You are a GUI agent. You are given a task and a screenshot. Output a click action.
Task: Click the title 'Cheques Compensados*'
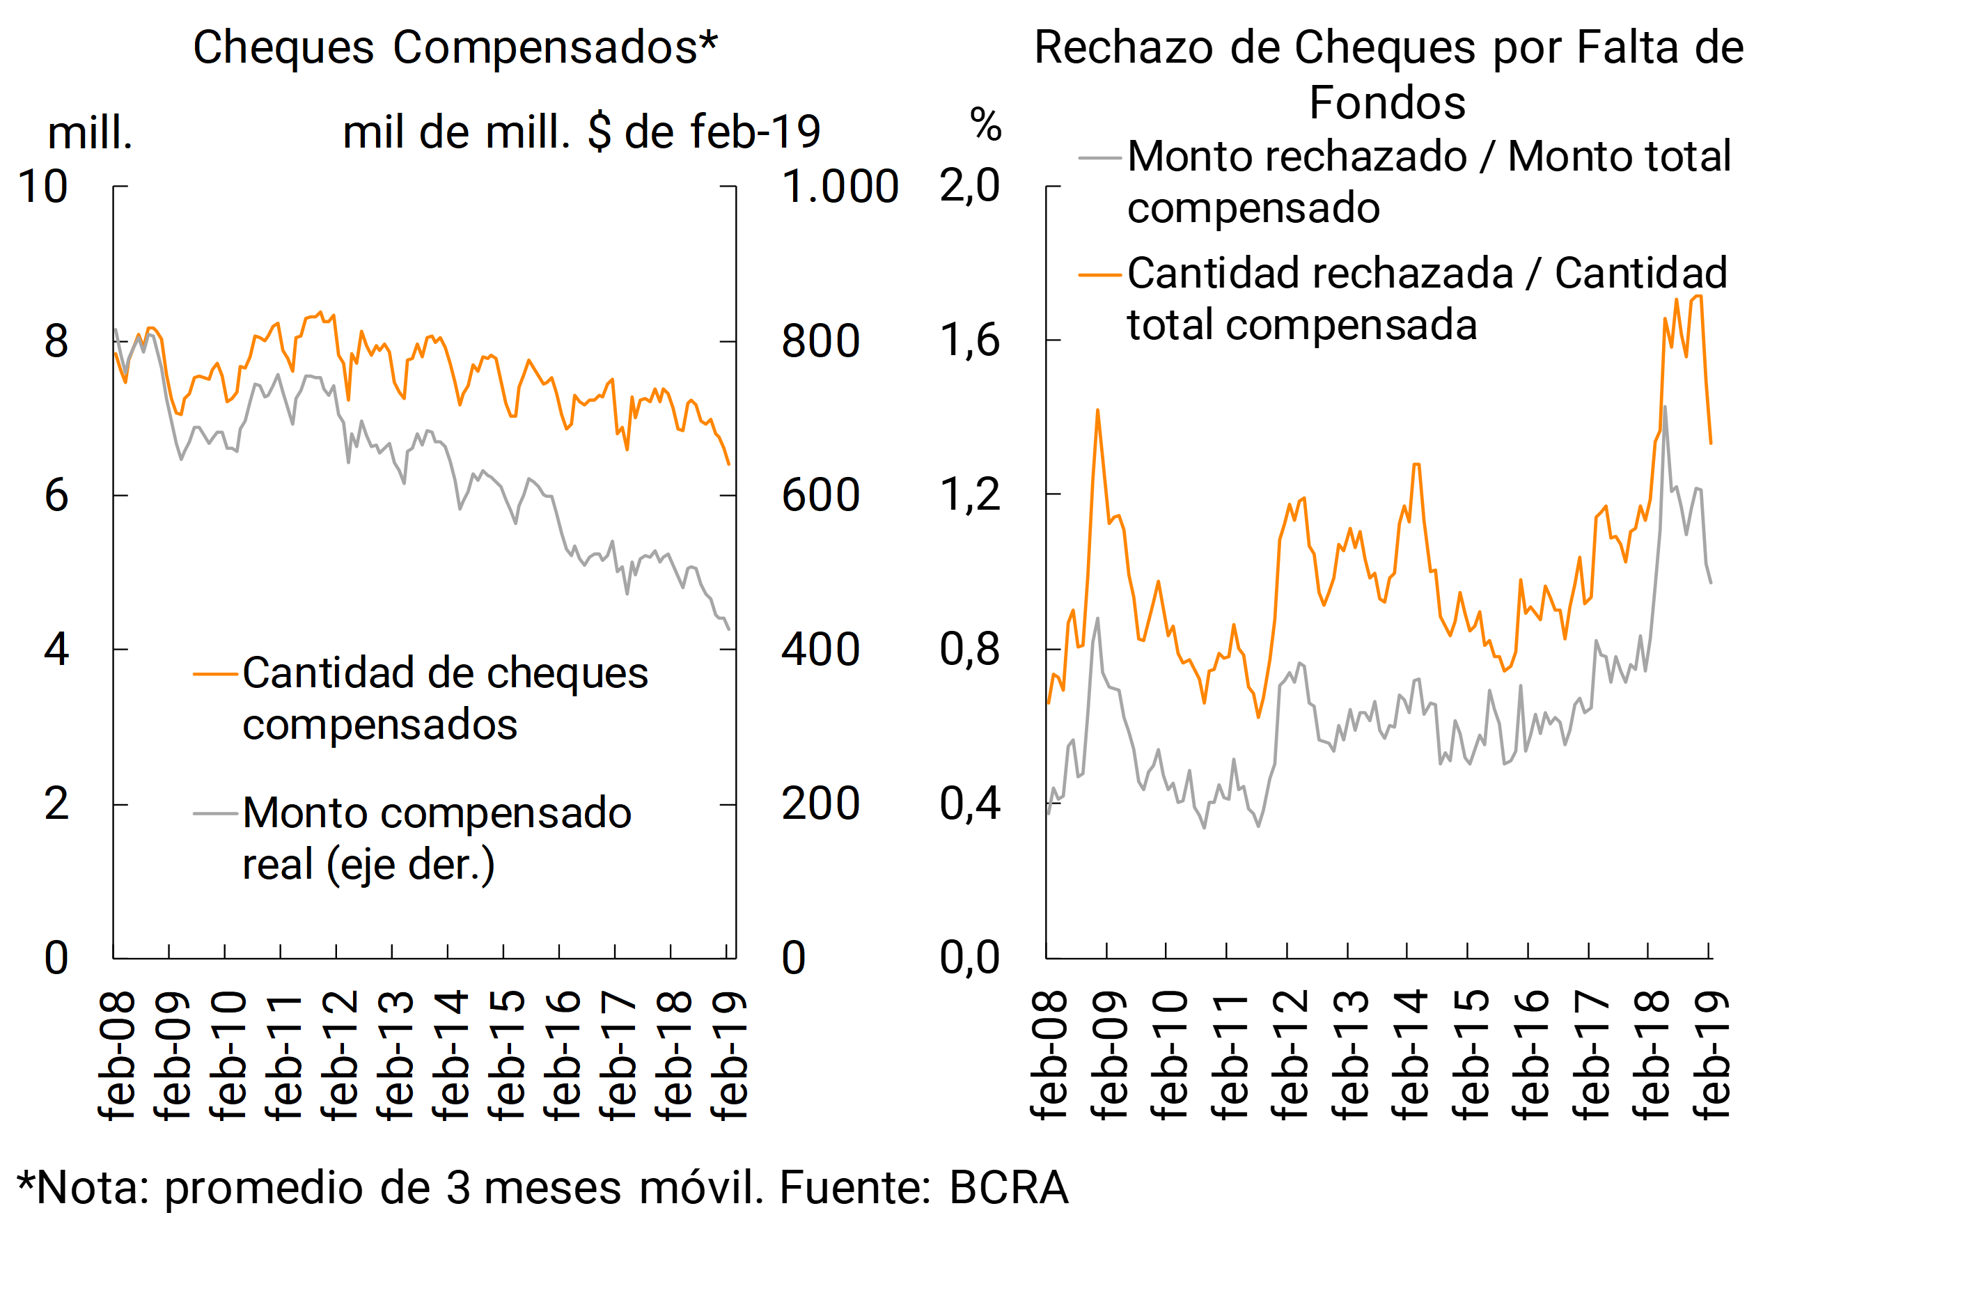[455, 47]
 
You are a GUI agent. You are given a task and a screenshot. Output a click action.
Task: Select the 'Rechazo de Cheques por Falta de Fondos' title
[1388, 74]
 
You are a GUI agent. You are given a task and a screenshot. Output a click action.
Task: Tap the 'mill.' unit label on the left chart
[90, 132]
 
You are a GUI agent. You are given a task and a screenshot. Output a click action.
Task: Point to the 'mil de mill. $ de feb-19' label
[581, 132]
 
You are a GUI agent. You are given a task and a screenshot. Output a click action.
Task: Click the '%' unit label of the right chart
[985, 126]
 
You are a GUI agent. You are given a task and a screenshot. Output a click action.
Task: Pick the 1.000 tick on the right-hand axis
[839, 187]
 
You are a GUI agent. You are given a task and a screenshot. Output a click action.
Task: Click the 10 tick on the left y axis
[42, 187]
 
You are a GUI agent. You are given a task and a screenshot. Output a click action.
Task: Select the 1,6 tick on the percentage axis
[969, 340]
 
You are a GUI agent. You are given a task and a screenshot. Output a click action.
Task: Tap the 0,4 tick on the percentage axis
[969, 804]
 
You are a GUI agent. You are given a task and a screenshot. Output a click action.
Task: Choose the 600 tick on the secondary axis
[820, 495]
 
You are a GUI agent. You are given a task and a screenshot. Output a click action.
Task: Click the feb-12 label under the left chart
[339, 1055]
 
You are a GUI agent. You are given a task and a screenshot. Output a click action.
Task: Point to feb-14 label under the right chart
[1410, 1055]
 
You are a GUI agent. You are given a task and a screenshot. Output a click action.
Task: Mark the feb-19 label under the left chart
[728, 1055]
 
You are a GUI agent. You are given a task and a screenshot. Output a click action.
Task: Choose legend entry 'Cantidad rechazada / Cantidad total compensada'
[1427, 299]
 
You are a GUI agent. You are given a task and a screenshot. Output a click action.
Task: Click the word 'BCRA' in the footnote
[1008, 1188]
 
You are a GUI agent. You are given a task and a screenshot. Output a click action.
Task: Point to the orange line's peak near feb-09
[1097, 410]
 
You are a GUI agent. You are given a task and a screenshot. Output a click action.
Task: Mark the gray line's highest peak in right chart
[1664, 407]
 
